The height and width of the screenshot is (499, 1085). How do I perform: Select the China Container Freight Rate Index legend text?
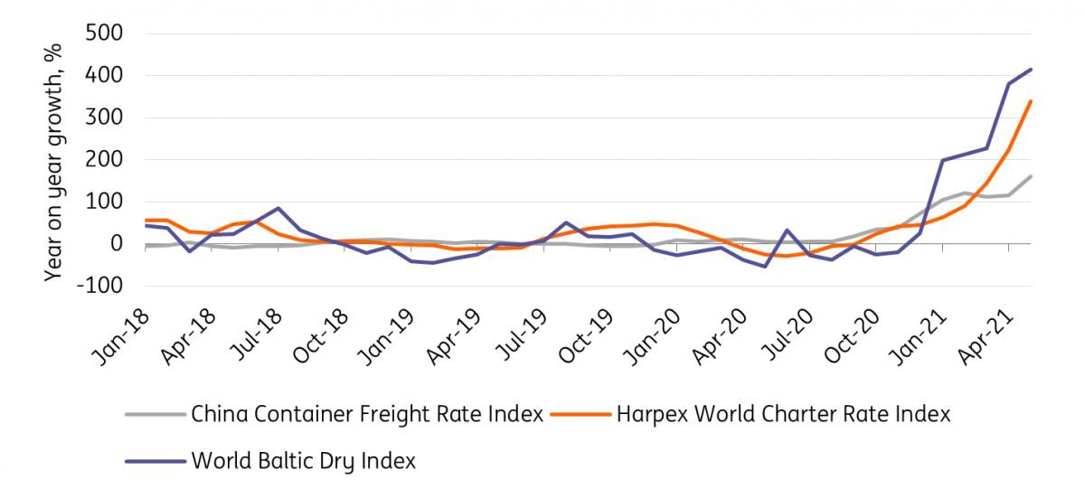point(367,415)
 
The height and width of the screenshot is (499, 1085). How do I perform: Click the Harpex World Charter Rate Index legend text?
point(783,415)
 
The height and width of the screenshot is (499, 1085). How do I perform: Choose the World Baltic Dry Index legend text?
point(303,460)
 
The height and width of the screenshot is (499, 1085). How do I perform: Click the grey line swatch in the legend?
point(155,415)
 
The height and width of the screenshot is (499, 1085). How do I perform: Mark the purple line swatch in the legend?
point(155,460)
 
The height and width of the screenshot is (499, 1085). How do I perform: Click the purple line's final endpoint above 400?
point(1032,70)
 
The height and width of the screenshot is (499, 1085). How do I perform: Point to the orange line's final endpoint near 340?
point(1032,101)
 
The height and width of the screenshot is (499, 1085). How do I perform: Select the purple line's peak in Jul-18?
point(278,208)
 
